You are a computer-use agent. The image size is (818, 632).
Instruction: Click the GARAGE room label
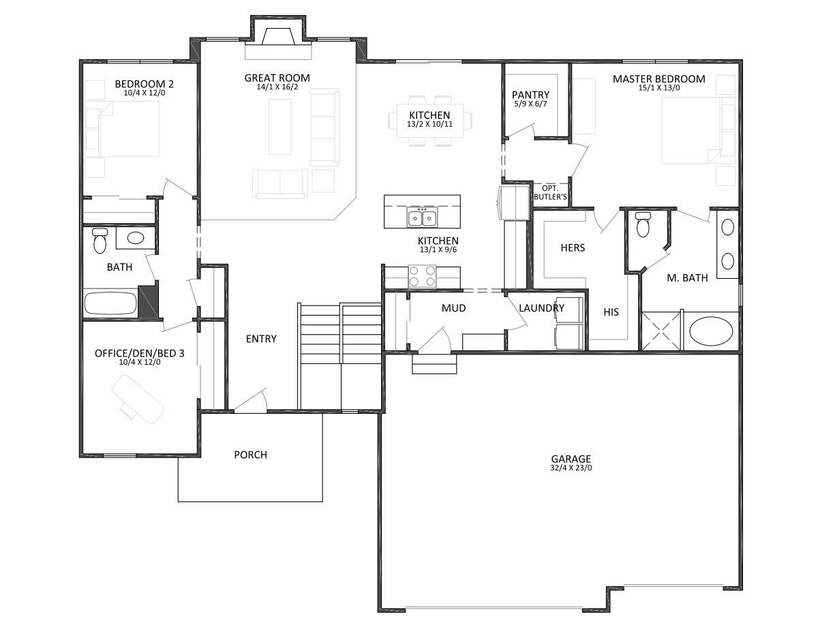click(x=571, y=459)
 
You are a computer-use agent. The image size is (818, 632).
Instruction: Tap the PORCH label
click(x=250, y=455)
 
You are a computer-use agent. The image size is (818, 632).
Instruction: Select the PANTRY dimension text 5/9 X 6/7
click(x=530, y=104)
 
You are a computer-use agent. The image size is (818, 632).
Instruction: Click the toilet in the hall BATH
click(x=100, y=240)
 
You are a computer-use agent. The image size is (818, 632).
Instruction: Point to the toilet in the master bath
click(x=643, y=224)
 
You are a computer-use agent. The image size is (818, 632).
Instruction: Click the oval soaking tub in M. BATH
click(x=711, y=331)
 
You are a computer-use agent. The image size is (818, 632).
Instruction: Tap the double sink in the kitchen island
click(x=422, y=218)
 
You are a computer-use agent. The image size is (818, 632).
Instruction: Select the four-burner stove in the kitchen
click(x=422, y=276)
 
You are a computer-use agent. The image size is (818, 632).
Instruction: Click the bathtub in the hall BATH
click(x=110, y=303)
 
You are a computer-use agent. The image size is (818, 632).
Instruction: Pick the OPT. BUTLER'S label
click(x=550, y=192)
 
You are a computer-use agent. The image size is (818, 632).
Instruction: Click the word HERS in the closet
click(x=573, y=247)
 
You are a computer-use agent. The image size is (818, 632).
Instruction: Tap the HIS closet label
click(x=611, y=312)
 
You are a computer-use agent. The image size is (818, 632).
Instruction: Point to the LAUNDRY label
click(x=541, y=308)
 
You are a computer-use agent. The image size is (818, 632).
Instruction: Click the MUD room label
click(x=453, y=308)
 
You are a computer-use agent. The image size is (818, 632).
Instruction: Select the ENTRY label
click(x=261, y=339)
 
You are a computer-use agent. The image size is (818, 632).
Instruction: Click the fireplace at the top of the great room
click(x=278, y=37)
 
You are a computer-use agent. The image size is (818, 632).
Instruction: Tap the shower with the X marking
click(x=661, y=331)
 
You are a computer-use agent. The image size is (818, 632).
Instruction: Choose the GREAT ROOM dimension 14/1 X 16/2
click(x=277, y=87)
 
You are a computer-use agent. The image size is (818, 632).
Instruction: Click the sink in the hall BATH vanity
click(x=135, y=237)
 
